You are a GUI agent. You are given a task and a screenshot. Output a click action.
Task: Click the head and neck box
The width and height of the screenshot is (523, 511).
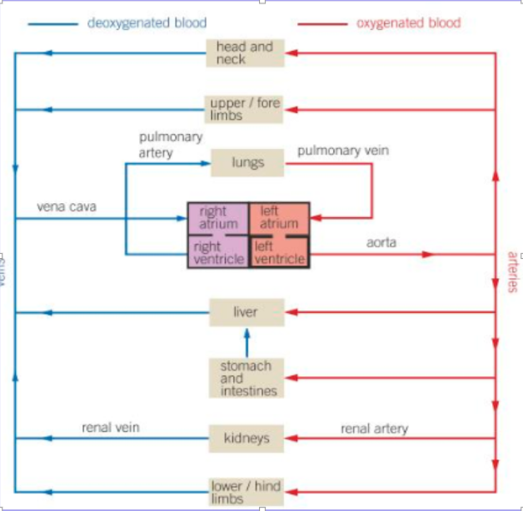(x=246, y=53)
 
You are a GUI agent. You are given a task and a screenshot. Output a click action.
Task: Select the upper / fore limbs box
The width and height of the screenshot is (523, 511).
(x=246, y=109)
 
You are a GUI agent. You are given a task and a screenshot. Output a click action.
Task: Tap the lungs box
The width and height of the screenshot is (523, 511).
(x=247, y=163)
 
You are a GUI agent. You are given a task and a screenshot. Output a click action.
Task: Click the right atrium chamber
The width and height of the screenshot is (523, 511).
(x=218, y=217)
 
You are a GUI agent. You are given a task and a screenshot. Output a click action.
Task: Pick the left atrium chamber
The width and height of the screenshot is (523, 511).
(x=279, y=217)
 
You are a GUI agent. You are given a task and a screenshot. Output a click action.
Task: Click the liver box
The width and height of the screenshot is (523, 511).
(x=246, y=313)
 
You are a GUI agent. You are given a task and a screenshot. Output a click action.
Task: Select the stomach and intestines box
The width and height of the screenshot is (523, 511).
(x=246, y=378)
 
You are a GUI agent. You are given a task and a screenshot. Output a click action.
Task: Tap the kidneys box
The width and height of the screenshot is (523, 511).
(x=246, y=438)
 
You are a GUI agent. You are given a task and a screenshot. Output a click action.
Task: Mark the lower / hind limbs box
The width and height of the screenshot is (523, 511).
(x=246, y=492)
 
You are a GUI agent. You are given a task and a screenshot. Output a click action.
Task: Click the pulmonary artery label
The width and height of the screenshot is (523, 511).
(x=170, y=145)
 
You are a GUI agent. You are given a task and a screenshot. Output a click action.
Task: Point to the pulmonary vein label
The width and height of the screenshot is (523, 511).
(x=342, y=151)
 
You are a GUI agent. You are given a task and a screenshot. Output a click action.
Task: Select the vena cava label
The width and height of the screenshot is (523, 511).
(x=66, y=206)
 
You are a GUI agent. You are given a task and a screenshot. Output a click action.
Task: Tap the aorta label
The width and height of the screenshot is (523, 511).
(x=381, y=243)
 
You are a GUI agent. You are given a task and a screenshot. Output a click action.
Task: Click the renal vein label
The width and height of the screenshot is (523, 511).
(x=110, y=428)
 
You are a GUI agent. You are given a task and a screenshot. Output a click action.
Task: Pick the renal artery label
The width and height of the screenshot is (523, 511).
(x=374, y=429)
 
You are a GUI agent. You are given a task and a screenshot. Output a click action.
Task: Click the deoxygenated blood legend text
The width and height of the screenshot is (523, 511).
(x=147, y=22)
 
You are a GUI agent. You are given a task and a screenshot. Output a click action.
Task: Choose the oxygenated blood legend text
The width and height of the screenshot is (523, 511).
(x=408, y=22)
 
